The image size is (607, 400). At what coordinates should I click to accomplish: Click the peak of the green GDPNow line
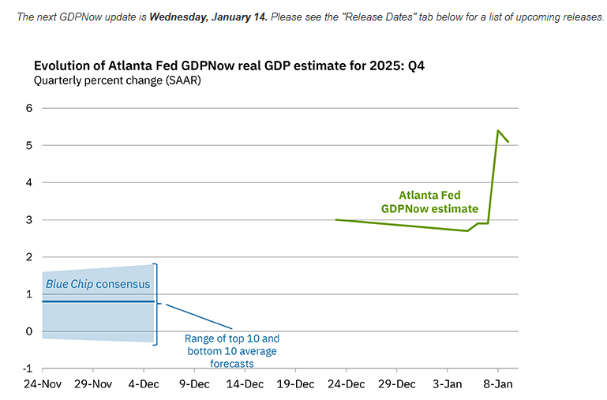(x=498, y=131)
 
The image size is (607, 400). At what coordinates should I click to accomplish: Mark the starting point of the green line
(x=335, y=220)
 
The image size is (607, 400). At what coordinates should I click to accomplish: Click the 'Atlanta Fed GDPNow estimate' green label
(x=429, y=202)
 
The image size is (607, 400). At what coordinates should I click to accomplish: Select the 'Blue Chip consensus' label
(x=97, y=284)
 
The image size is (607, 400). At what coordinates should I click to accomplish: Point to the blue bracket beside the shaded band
(x=156, y=304)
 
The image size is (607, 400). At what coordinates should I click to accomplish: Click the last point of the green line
(x=508, y=142)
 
